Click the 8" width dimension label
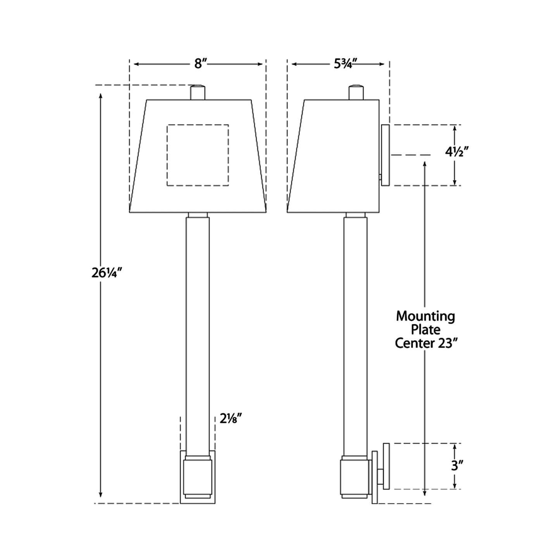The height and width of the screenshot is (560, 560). pyautogui.click(x=198, y=64)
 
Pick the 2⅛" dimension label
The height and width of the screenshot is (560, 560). pyautogui.click(x=231, y=419)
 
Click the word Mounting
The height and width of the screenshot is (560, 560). pyautogui.click(x=425, y=316)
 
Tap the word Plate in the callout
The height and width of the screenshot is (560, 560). pyautogui.click(x=426, y=330)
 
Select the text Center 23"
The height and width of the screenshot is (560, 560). pyautogui.click(x=424, y=343)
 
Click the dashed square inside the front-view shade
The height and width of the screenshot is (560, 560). pyautogui.click(x=198, y=155)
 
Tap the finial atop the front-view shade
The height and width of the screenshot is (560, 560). pyautogui.click(x=198, y=93)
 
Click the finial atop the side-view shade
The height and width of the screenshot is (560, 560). pyautogui.click(x=356, y=93)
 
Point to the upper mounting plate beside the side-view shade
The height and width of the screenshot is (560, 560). pyautogui.click(x=385, y=155)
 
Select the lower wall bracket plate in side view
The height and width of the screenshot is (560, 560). pyautogui.click(x=386, y=466)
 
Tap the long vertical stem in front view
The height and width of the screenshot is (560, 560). pyautogui.click(x=198, y=333)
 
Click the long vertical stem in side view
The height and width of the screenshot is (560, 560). pyautogui.click(x=356, y=333)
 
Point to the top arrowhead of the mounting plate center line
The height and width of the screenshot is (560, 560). pyautogui.click(x=425, y=164)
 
